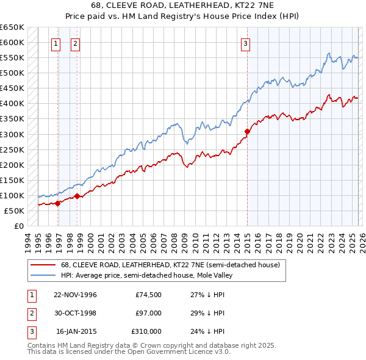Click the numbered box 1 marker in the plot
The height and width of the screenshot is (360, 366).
[56, 43]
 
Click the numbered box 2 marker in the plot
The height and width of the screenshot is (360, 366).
[75, 43]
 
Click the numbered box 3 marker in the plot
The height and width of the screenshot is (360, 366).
[245, 43]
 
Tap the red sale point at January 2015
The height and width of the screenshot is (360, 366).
[247, 131]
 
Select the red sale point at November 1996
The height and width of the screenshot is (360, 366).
[58, 203]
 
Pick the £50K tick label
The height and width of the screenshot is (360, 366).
[15, 211]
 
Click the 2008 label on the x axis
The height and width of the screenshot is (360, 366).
[174, 241]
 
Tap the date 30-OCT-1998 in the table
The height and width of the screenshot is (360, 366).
[76, 313]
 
